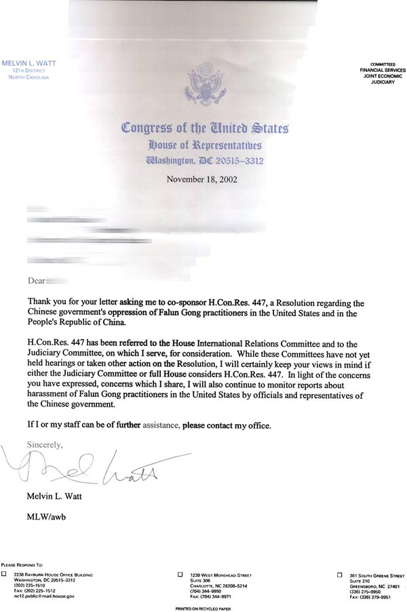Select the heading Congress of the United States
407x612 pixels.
click(x=205, y=127)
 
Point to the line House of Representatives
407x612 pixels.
click(x=204, y=144)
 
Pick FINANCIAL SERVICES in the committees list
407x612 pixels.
click(x=383, y=71)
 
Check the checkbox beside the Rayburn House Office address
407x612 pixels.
click(x=5, y=574)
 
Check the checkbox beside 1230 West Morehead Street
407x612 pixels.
click(x=180, y=574)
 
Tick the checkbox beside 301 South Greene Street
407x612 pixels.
click(x=340, y=574)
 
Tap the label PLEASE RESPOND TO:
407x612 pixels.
click(x=22, y=565)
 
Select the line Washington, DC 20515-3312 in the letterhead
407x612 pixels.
click(x=204, y=161)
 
